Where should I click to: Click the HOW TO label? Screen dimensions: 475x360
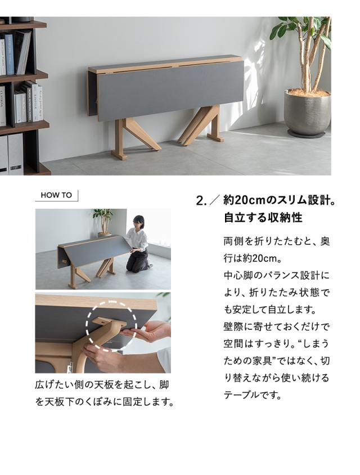tap(56, 195)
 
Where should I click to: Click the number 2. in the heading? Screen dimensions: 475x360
tap(201, 201)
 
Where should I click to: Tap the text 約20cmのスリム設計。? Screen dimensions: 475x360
tap(280, 200)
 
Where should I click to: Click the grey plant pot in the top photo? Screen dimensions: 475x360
tap(307, 113)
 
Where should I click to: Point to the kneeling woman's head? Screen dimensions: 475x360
tap(138, 222)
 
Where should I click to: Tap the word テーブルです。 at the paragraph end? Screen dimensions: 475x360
tap(252, 395)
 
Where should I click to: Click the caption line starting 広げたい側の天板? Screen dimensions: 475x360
tap(101, 386)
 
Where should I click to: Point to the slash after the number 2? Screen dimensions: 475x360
tap(215, 201)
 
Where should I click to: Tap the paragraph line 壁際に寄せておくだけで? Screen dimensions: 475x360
tap(276, 326)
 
